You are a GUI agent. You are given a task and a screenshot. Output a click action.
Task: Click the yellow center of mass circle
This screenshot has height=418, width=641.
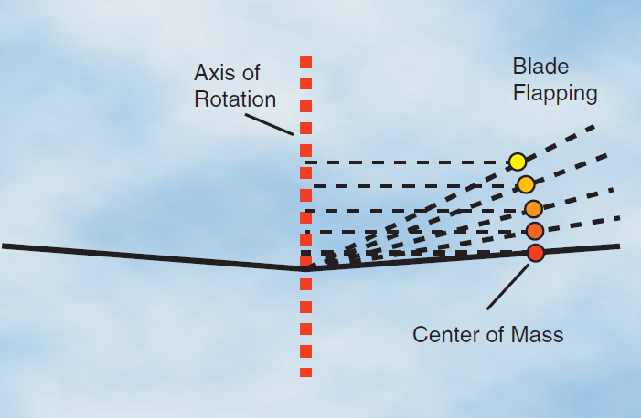[518, 162]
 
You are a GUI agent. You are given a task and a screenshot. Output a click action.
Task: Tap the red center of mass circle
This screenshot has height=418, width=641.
[536, 253]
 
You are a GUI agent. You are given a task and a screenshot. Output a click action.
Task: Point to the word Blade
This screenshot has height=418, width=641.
[540, 67]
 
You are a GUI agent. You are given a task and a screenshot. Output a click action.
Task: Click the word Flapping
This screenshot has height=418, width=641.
[555, 92]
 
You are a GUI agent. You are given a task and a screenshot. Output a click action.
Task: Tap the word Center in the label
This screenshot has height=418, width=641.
[444, 334]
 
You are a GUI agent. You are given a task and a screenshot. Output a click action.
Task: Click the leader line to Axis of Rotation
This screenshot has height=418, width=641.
[270, 123]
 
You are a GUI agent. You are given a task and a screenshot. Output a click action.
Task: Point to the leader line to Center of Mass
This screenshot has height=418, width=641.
[506, 287]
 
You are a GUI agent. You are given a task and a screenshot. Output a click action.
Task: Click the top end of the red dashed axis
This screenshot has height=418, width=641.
[305, 61]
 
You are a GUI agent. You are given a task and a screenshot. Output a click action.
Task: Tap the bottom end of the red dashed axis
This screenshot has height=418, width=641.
[305, 372]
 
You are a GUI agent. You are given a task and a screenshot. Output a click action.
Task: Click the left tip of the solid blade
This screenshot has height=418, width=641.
[5, 246]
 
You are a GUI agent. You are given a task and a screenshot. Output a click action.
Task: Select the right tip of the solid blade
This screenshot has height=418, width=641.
[617, 246]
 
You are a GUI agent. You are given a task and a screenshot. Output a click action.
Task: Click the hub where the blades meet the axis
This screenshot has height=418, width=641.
[305, 268]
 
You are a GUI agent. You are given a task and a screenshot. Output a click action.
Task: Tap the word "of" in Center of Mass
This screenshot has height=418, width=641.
[495, 334]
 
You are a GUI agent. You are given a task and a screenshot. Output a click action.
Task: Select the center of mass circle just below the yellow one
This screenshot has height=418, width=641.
[526, 185]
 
